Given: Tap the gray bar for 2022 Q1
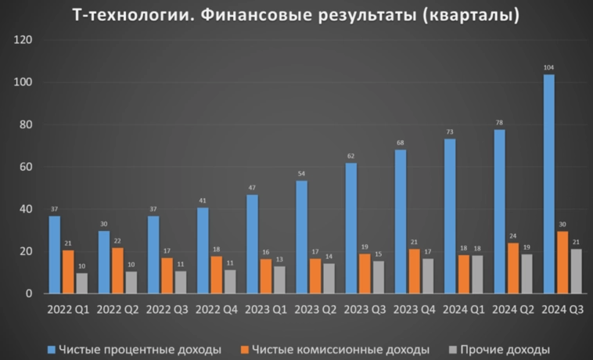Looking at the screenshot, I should [x=81, y=283].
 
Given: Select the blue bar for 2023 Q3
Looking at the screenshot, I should [x=351, y=228].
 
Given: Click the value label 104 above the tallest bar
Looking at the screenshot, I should [x=549, y=68].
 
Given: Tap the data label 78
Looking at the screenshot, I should [x=499, y=123].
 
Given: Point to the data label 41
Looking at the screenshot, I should [x=203, y=201].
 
